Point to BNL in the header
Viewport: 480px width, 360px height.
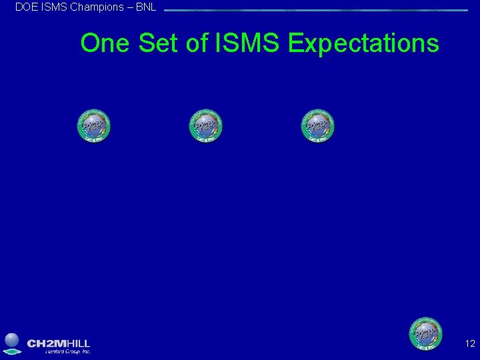pyautogui.click(x=145, y=7)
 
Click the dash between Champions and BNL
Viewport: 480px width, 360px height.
pyautogui.click(x=129, y=7)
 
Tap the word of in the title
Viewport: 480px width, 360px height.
pyautogui.click(x=197, y=43)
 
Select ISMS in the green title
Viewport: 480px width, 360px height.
pyautogui.click(x=248, y=43)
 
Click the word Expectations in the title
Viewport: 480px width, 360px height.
pyautogui.click(x=363, y=43)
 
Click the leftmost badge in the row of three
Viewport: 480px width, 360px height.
pyautogui.click(x=93, y=125)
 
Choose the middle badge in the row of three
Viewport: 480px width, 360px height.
pyautogui.click(x=205, y=125)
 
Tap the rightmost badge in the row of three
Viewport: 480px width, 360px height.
pyautogui.click(x=317, y=125)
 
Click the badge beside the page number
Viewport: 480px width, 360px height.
pyautogui.click(x=425, y=333)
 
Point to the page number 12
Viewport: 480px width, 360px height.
pyautogui.click(x=470, y=344)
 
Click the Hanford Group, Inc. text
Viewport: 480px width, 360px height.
pyautogui.click(x=67, y=351)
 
